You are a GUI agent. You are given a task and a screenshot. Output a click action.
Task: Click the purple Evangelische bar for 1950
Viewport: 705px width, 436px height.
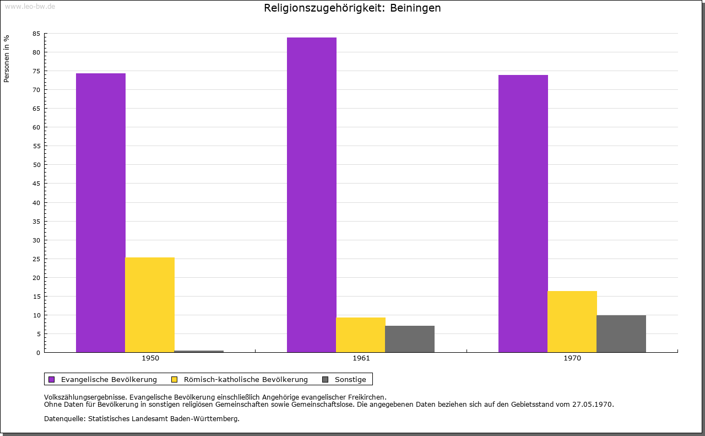point(101,213)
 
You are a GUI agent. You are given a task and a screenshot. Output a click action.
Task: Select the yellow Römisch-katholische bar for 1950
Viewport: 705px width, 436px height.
point(150,305)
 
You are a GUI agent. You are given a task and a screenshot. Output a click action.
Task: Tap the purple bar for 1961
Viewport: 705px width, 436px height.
point(312,195)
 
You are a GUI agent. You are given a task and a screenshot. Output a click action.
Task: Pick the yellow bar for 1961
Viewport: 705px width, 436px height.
point(361,335)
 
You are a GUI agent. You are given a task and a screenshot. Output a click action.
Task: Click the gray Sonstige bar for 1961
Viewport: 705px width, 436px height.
point(410,339)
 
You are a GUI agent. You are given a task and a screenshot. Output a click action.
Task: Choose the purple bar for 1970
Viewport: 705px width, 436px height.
point(523,213)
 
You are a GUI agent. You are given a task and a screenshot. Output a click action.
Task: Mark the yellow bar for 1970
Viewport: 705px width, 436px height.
point(572,321)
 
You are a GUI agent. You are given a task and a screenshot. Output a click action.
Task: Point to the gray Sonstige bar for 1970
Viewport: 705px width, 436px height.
point(621,333)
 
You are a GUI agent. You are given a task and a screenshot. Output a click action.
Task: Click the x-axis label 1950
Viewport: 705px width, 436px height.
point(150,358)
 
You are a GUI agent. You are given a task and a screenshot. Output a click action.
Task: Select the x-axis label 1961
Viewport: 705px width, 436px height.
point(361,358)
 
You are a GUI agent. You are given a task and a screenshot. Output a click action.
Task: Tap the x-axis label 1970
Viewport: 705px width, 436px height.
point(572,358)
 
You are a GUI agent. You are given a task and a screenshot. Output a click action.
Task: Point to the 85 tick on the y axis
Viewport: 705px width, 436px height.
point(36,34)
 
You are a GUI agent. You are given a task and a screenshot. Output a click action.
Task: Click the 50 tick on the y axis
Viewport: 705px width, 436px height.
point(36,165)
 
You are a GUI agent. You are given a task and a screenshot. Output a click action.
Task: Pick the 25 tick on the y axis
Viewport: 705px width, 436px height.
point(36,259)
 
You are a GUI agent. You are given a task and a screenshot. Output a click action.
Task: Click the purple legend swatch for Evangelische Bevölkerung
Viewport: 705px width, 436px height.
point(52,379)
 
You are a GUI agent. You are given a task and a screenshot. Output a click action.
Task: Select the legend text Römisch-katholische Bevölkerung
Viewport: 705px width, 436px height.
point(246,379)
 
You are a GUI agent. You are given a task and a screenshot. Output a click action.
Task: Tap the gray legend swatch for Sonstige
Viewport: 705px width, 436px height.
point(325,379)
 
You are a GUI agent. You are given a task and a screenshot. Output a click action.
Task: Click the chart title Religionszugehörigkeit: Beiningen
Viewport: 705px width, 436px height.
point(352,8)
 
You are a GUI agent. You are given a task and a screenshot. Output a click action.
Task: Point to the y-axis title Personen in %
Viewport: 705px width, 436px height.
point(7,58)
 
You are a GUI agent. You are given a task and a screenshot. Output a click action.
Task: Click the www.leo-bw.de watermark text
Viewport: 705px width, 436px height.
point(30,7)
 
